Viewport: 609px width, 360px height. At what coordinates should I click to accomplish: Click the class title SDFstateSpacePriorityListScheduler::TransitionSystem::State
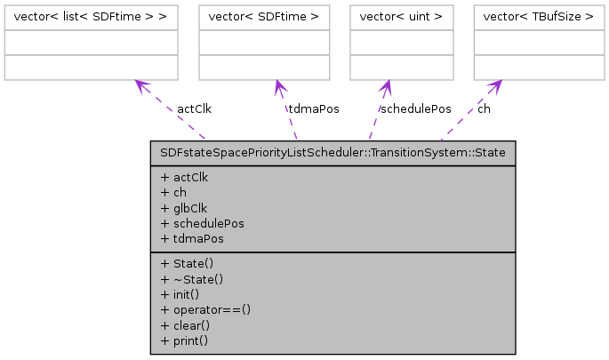[x=333, y=153]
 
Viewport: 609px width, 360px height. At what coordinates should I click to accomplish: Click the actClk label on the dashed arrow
[x=194, y=109]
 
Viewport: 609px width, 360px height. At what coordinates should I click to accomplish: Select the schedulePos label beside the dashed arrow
[x=415, y=109]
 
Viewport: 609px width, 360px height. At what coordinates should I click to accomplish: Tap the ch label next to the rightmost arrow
[x=484, y=109]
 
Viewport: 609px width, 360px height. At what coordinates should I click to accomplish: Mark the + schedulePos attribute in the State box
[x=202, y=223]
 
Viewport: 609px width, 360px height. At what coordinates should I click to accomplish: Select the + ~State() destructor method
[x=193, y=278]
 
